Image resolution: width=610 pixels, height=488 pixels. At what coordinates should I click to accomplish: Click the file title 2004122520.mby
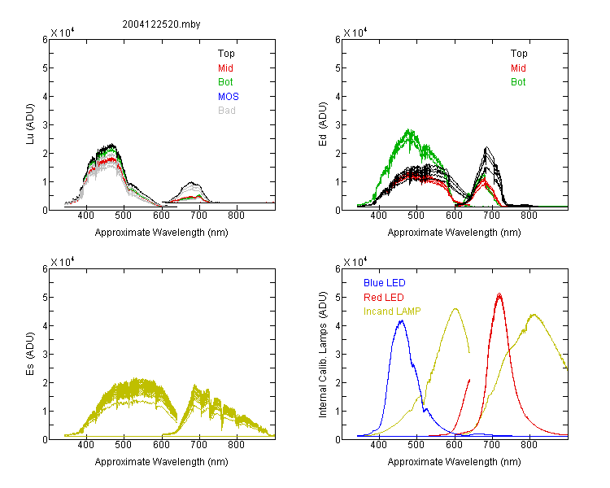coord(161,24)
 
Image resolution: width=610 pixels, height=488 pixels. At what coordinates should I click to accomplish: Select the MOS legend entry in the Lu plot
coord(229,97)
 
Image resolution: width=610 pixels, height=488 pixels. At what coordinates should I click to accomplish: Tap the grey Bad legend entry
coord(227,111)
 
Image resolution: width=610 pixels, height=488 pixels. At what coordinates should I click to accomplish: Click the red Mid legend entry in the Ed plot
coord(518,68)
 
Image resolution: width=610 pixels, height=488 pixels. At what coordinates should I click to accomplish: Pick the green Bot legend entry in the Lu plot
coord(225,82)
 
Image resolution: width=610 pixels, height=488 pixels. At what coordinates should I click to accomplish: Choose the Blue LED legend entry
coord(385,283)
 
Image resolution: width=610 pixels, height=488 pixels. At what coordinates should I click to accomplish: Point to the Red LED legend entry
coord(384,298)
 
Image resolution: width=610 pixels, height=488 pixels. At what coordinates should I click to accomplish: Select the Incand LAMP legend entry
coord(392,312)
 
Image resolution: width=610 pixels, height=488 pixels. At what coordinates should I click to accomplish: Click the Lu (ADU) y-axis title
coord(30,124)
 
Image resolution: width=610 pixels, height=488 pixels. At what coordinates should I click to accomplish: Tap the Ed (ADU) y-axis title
coord(323,124)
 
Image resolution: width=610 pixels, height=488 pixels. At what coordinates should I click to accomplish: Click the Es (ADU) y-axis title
coord(30,354)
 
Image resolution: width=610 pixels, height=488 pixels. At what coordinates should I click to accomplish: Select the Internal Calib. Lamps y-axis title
coord(323,355)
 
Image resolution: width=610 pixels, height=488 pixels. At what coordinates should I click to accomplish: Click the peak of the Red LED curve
coord(499,294)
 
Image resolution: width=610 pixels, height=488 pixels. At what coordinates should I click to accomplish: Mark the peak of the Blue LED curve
coord(402,320)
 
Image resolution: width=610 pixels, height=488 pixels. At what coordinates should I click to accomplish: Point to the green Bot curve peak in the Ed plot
coord(409,129)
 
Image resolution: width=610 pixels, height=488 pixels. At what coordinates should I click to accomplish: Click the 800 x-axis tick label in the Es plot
coord(236,445)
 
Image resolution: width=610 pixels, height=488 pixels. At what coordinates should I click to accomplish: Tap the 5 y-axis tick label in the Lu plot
coord(45,68)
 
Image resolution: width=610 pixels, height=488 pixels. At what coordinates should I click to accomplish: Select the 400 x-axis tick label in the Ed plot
coord(378,216)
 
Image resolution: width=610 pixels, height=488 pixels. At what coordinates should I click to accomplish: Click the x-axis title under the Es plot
coord(162,462)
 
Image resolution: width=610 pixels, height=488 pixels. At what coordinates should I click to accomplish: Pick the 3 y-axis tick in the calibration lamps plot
coord(338,354)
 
